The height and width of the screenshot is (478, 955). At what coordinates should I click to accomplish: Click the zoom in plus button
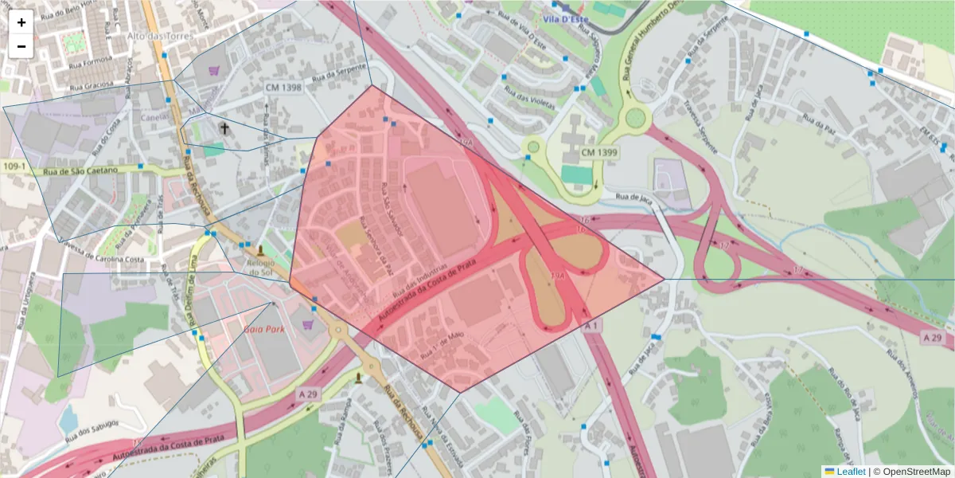pyautogui.click(x=21, y=22)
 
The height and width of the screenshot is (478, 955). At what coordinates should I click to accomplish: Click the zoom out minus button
pyautogui.click(x=21, y=46)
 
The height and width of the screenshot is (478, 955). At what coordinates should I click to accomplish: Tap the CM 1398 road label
pyautogui.click(x=283, y=88)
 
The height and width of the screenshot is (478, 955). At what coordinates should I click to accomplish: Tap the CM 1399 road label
pyautogui.click(x=599, y=151)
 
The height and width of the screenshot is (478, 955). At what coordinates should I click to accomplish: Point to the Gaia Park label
pyautogui.click(x=263, y=328)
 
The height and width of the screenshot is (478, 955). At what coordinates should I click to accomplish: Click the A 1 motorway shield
pyautogui.click(x=591, y=327)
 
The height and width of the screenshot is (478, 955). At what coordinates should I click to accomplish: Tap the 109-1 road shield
pyautogui.click(x=14, y=167)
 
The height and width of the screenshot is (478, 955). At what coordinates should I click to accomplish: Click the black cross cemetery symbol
pyautogui.click(x=224, y=128)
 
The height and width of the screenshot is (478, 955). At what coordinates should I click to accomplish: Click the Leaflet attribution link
pyautogui.click(x=851, y=472)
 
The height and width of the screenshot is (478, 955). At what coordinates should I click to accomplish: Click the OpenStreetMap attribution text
pyautogui.click(x=912, y=472)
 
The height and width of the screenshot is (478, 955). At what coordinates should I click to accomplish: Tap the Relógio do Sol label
pyautogui.click(x=261, y=268)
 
